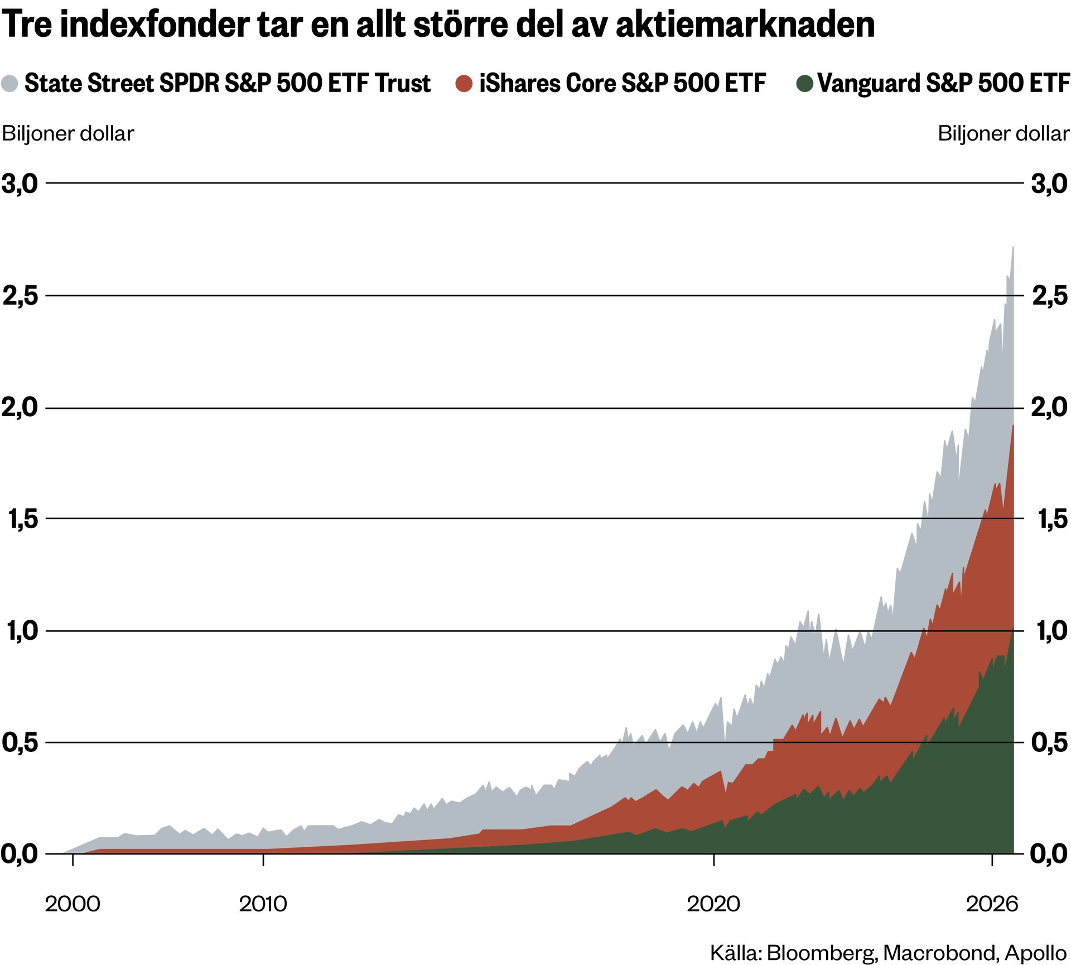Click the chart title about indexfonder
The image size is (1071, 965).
tap(438, 25)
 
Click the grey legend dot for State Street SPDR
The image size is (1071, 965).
tap(10, 84)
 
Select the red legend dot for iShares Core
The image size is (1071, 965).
tap(464, 84)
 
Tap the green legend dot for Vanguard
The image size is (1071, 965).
tap(804, 84)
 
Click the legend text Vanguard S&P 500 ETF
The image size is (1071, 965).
tap(944, 83)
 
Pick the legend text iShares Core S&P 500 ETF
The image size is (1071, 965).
tap(623, 83)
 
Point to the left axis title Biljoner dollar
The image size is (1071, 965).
tap(68, 134)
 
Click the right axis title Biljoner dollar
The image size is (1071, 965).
tap(1004, 134)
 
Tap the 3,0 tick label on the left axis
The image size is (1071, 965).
tap(20, 184)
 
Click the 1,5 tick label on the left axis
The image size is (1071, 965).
tap(23, 519)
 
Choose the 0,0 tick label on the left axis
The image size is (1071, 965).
tap(20, 854)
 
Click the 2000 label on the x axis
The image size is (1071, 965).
tap(73, 904)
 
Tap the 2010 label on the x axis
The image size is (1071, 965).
tap(263, 904)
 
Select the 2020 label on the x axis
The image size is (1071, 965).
tap(713, 904)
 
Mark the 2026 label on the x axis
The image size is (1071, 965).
tap(992, 904)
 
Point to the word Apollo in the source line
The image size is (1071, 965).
tap(1036, 952)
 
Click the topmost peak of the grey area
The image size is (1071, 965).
tap(1013, 248)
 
